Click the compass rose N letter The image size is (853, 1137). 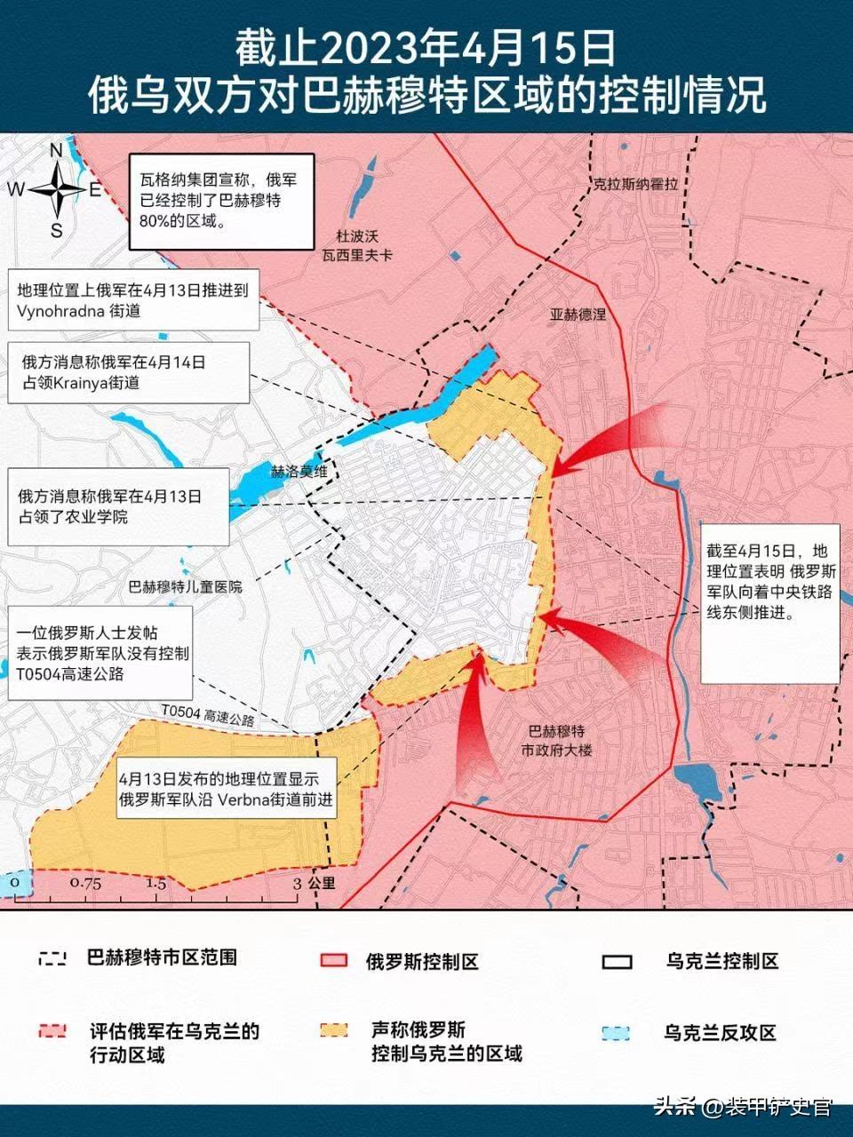(x=56, y=149)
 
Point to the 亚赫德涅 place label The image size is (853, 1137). (x=578, y=314)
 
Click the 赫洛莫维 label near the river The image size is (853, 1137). (x=299, y=472)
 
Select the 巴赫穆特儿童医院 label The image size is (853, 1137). (x=186, y=587)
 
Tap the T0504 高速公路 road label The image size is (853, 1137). (x=208, y=716)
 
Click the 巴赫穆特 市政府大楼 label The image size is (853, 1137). (x=556, y=741)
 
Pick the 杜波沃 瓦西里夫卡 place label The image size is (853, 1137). (x=357, y=246)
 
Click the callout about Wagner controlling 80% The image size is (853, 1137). (x=221, y=201)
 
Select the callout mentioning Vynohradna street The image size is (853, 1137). (x=133, y=300)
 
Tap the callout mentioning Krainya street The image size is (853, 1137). (x=129, y=373)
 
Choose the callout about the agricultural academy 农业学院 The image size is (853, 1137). (x=119, y=506)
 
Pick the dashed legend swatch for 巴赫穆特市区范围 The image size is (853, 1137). (x=52, y=958)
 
